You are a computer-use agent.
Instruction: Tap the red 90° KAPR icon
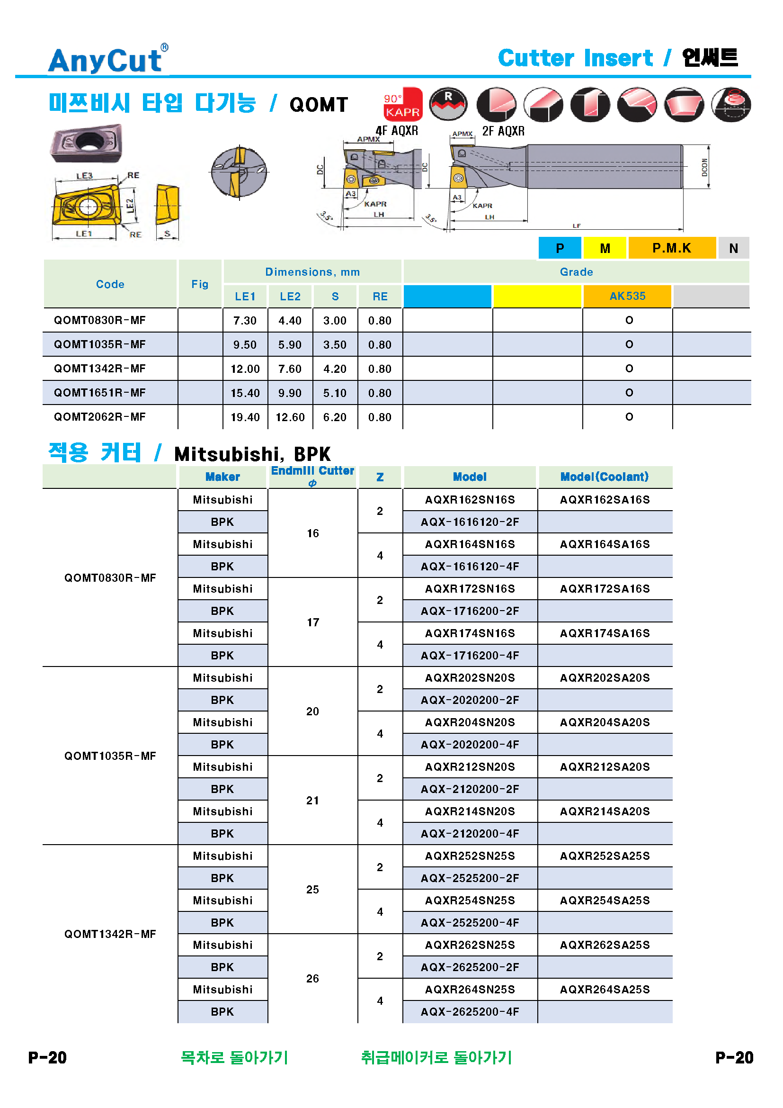(402, 104)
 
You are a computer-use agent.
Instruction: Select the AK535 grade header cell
(627, 296)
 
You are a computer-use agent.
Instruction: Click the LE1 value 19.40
(245, 417)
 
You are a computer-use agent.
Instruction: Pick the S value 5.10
(335, 393)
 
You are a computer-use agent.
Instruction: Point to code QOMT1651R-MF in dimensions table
(100, 393)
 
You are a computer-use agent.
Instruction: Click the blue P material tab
(559, 248)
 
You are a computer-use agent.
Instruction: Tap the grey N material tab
(733, 248)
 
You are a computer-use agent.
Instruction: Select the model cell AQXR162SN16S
(470, 500)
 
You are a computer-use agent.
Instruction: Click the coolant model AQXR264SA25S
(605, 990)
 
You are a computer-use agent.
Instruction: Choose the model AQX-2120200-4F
(470, 834)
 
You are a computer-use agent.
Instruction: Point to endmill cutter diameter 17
(312, 622)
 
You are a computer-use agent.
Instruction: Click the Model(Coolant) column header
(604, 477)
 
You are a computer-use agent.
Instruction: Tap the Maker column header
(222, 477)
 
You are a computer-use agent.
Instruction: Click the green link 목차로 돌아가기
(234, 1057)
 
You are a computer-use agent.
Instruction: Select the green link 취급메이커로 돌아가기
(436, 1057)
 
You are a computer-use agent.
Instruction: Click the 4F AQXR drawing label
(396, 131)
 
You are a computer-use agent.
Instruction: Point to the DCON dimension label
(704, 167)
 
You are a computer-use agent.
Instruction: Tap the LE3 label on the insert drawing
(84, 176)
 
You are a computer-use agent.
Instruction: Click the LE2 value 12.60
(290, 417)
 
